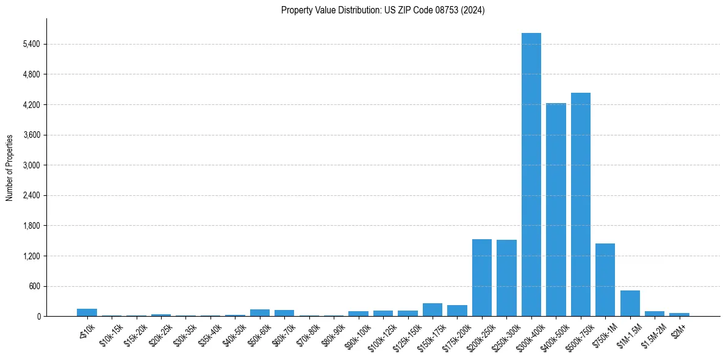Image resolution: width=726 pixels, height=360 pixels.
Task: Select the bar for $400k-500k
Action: pyautogui.click(x=556, y=210)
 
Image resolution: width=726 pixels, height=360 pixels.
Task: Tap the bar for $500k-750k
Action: pyautogui.click(x=580, y=204)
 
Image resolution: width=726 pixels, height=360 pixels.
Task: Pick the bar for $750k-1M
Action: pyautogui.click(x=605, y=280)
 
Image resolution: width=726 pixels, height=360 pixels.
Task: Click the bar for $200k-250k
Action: pyautogui.click(x=482, y=278)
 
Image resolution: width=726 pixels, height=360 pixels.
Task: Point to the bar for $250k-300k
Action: pyautogui.click(x=506, y=278)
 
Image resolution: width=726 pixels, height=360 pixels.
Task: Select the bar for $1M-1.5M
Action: pyautogui.click(x=630, y=304)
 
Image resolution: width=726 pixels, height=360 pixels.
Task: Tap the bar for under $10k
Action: pyautogui.click(x=87, y=312)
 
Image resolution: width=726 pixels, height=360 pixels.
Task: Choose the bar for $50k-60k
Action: pyautogui.click(x=260, y=313)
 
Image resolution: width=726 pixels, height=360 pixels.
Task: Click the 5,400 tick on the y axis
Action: pyautogui.click(x=31, y=45)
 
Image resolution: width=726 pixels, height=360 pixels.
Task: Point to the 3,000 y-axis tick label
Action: pyautogui.click(x=31, y=165)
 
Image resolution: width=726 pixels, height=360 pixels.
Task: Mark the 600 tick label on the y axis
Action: pyautogui.click(x=34, y=286)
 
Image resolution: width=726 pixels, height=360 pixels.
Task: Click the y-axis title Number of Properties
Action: pyautogui.click(x=9, y=168)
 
